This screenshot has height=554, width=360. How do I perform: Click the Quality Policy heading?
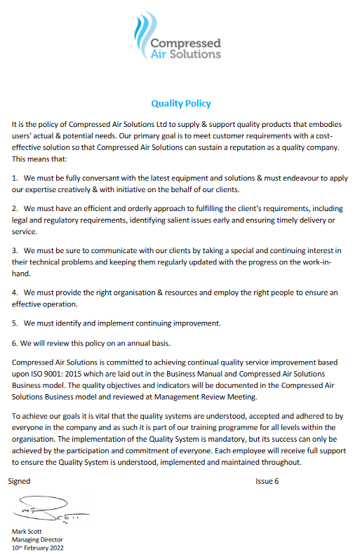[180, 104]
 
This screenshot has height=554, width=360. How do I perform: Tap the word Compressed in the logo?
[186, 43]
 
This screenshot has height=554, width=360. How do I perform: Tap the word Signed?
[20, 481]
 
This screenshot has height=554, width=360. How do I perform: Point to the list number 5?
[15, 323]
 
